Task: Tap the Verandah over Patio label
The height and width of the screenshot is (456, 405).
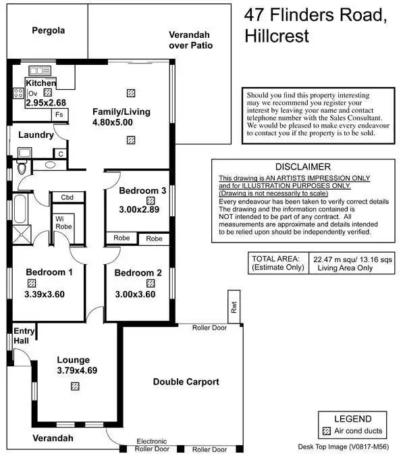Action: pyautogui.click(x=190, y=40)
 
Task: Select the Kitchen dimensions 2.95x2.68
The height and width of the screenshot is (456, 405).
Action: pyautogui.click(x=46, y=103)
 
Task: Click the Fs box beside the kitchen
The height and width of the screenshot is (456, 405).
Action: pyautogui.click(x=59, y=116)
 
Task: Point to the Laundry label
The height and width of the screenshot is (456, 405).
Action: pyautogui.click(x=36, y=135)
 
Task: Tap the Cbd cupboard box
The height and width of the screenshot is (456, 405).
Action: pyautogui.click(x=67, y=197)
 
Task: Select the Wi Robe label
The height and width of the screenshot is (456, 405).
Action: pyautogui.click(x=64, y=222)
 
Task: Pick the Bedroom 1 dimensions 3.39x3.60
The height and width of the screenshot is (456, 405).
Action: pyautogui.click(x=44, y=294)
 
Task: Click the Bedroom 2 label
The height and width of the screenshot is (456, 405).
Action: pyautogui.click(x=138, y=273)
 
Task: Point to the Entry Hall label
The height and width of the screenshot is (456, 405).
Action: pyautogui.click(x=22, y=336)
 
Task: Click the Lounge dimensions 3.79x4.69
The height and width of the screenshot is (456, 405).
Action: pyautogui.click(x=77, y=370)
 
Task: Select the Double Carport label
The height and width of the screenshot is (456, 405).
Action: pyautogui.click(x=186, y=382)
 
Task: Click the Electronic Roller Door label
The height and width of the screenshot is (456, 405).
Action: pyautogui.click(x=151, y=445)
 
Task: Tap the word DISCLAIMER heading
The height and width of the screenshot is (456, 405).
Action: pyautogui.click(x=303, y=167)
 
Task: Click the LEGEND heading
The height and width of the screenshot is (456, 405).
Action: pyautogui.click(x=352, y=419)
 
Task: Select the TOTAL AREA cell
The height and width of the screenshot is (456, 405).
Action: pyautogui.click(x=277, y=263)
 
